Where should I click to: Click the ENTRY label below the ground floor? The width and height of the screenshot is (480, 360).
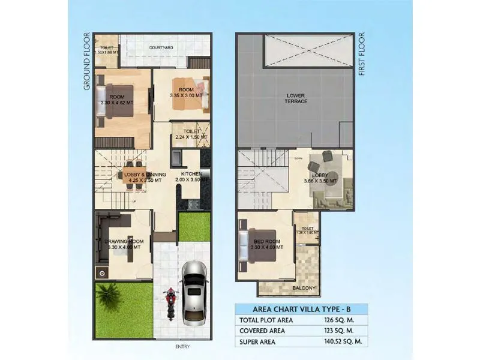(182, 347)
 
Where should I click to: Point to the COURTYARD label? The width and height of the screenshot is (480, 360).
(161, 47)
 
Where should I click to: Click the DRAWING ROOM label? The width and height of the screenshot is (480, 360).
(122, 242)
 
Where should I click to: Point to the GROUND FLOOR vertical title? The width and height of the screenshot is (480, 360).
(87, 61)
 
